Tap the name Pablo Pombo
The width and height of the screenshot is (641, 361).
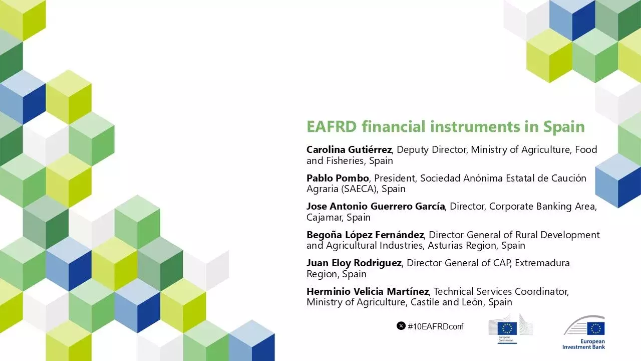click(338, 178)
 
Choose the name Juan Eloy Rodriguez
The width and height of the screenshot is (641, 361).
click(354, 263)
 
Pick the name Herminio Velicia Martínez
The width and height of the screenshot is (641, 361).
click(368, 291)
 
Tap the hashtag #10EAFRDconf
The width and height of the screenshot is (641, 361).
click(436, 326)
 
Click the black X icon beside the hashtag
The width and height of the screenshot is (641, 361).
click(401, 326)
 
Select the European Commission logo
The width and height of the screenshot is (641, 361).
click(510, 329)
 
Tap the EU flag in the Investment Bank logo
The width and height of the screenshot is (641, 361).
click(596, 328)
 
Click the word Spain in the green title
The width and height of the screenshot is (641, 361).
click(564, 126)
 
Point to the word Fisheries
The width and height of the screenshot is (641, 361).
click(346, 161)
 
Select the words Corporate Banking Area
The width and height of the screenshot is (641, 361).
click(542, 207)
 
